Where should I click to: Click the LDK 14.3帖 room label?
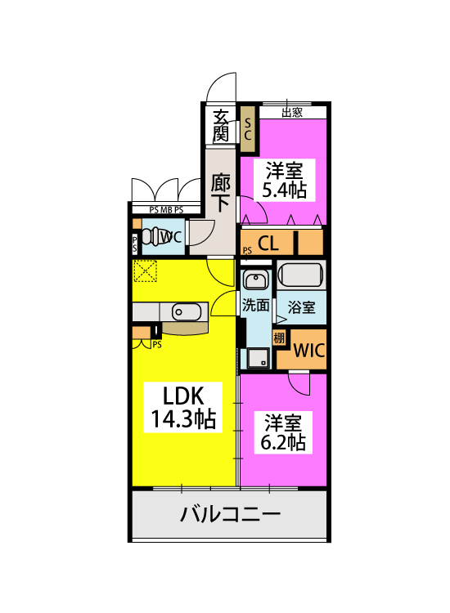(x=183, y=407)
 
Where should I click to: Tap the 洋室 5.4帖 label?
(x=285, y=181)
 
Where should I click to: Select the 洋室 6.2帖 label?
(x=283, y=432)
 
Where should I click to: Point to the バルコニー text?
(x=230, y=514)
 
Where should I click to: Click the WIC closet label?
(x=308, y=351)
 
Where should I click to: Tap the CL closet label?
(x=268, y=244)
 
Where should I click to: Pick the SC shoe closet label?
(x=247, y=129)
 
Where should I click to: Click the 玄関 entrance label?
(x=221, y=126)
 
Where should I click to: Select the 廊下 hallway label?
(x=221, y=192)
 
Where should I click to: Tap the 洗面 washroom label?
(x=255, y=305)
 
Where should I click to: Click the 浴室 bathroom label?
(x=301, y=307)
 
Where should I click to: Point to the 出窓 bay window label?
(x=292, y=113)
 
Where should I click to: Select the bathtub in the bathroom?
(x=301, y=275)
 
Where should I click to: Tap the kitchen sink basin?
(x=187, y=312)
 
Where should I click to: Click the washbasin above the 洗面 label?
(x=255, y=280)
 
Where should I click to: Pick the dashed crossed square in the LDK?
(x=145, y=271)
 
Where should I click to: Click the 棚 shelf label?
(x=279, y=338)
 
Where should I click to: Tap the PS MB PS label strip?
(x=166, y=210)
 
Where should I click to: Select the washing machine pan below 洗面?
(x=258, y=358)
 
